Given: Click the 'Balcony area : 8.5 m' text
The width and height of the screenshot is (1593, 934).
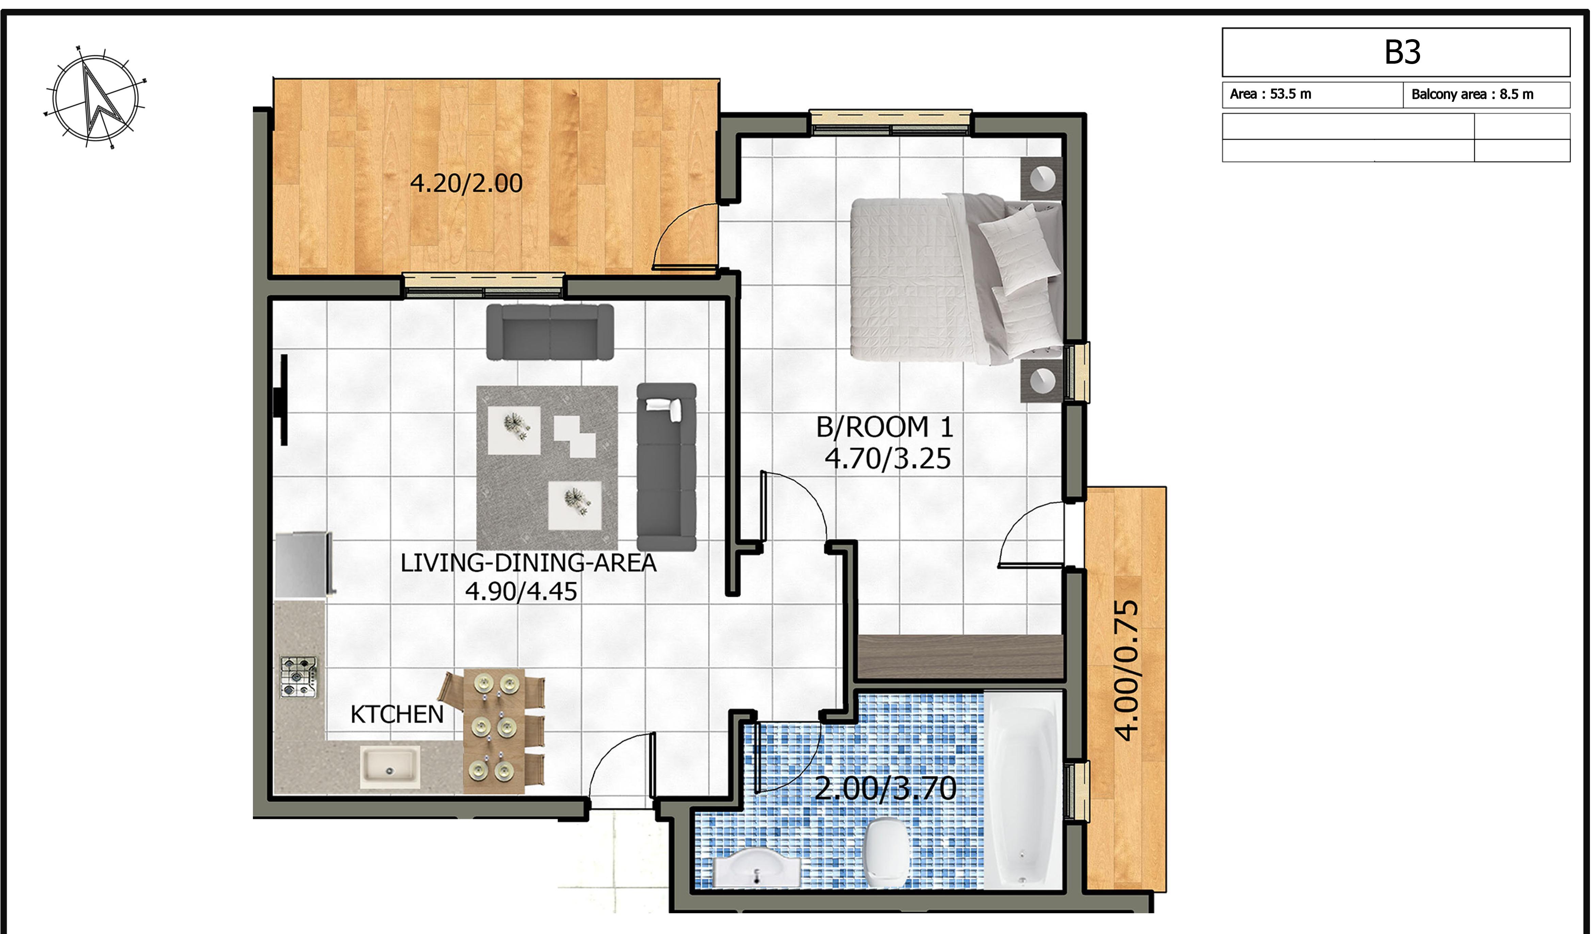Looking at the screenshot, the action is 1472,94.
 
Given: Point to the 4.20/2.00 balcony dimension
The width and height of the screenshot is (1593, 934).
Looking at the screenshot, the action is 467,184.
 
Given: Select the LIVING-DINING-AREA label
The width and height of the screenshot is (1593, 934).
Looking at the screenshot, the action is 529,563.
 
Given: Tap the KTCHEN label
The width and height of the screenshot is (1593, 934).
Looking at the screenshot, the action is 397,715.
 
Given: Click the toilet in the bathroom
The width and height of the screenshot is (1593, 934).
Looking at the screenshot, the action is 887,852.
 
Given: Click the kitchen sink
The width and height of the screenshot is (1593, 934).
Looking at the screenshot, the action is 390,767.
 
